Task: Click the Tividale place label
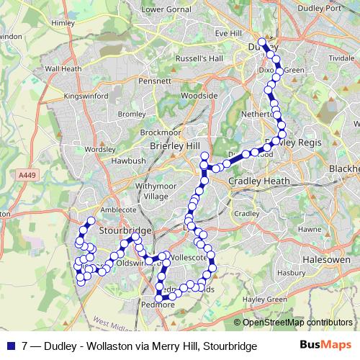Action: click(x=341, y=58)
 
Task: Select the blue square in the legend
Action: click(x=9, y=346)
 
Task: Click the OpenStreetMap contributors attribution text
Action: click(x=297, y=323)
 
